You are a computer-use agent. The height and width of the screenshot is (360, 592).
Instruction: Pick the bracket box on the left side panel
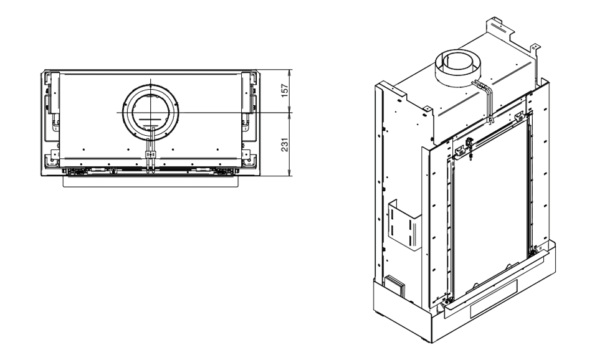(403, 225)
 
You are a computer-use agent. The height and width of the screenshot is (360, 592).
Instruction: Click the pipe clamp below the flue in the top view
(150, 153)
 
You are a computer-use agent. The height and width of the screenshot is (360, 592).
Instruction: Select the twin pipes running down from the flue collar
(487, 100)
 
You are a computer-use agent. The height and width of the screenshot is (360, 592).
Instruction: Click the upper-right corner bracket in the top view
(251, 80)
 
